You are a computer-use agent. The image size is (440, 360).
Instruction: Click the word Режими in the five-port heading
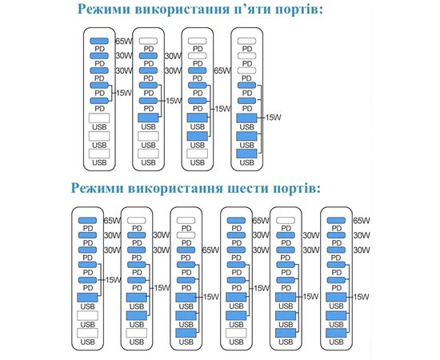[x=104, y=9]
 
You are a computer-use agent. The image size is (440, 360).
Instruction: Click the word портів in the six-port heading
[x=296, y=188]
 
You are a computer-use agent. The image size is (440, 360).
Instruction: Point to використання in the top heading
[x=182, y=9]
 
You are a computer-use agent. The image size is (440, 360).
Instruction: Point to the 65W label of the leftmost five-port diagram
[x=123, y=42]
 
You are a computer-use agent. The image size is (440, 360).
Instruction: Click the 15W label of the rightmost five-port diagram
[x=273, y=118]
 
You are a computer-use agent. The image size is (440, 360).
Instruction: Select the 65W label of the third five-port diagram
[x=222, y=70]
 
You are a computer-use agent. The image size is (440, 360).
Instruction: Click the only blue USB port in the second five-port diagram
[x=148, y=118]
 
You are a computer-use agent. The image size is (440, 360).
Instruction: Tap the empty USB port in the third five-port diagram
[x=198, y=154]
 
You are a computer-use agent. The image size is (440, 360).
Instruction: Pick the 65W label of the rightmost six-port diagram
[x=362, y=221]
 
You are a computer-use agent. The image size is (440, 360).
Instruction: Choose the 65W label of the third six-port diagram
[x=210, y=250]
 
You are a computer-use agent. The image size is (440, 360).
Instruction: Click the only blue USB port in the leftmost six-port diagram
[x=87, y=298]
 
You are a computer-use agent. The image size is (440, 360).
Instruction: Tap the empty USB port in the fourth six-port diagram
[x=236, y=333]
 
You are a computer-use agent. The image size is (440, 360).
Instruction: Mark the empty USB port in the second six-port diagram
[x=137, y=333]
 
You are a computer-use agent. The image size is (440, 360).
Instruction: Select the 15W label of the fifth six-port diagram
[x=310, y=297]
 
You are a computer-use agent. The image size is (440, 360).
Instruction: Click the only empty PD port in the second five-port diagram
[x=148, y=41]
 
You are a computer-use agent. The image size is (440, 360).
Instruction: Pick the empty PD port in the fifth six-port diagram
[x=286, y=221]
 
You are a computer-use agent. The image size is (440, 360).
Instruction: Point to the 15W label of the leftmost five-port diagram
[x=123, y=93]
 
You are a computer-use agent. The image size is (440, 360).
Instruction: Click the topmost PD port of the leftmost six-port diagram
[x=87, y=221]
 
